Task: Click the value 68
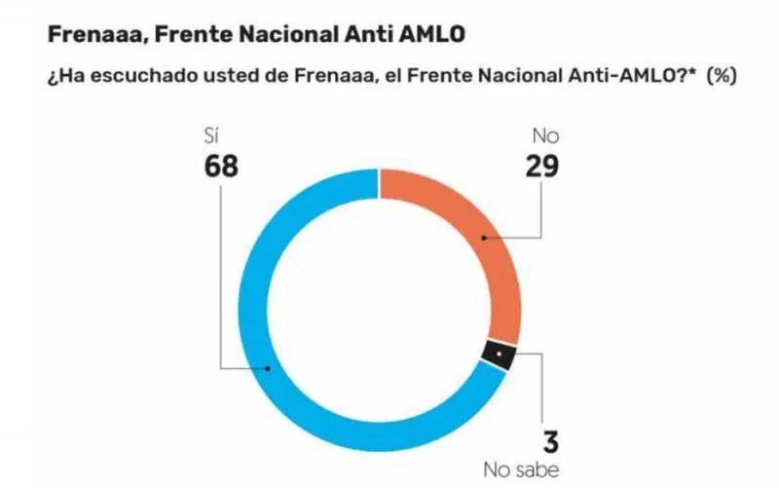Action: click(x=221, y=167)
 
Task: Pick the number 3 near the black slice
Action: click(x=550, y=442)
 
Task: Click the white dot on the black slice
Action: click(x=497, y=355)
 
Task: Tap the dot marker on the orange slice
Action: click(x=483, y=238)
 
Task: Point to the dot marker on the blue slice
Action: click(x=270, y=369)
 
